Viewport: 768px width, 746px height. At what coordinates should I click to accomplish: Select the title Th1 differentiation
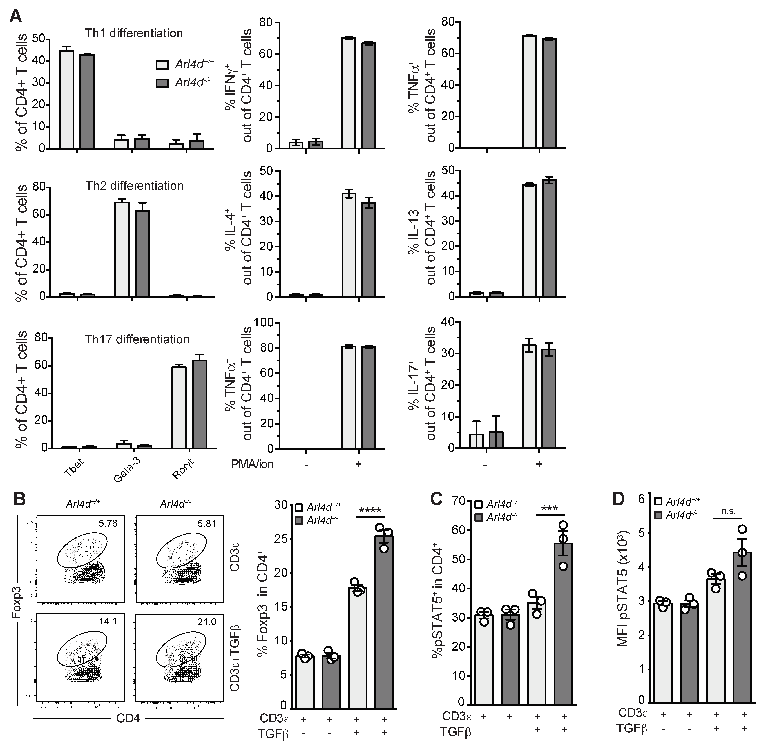[x=134, y=33]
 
